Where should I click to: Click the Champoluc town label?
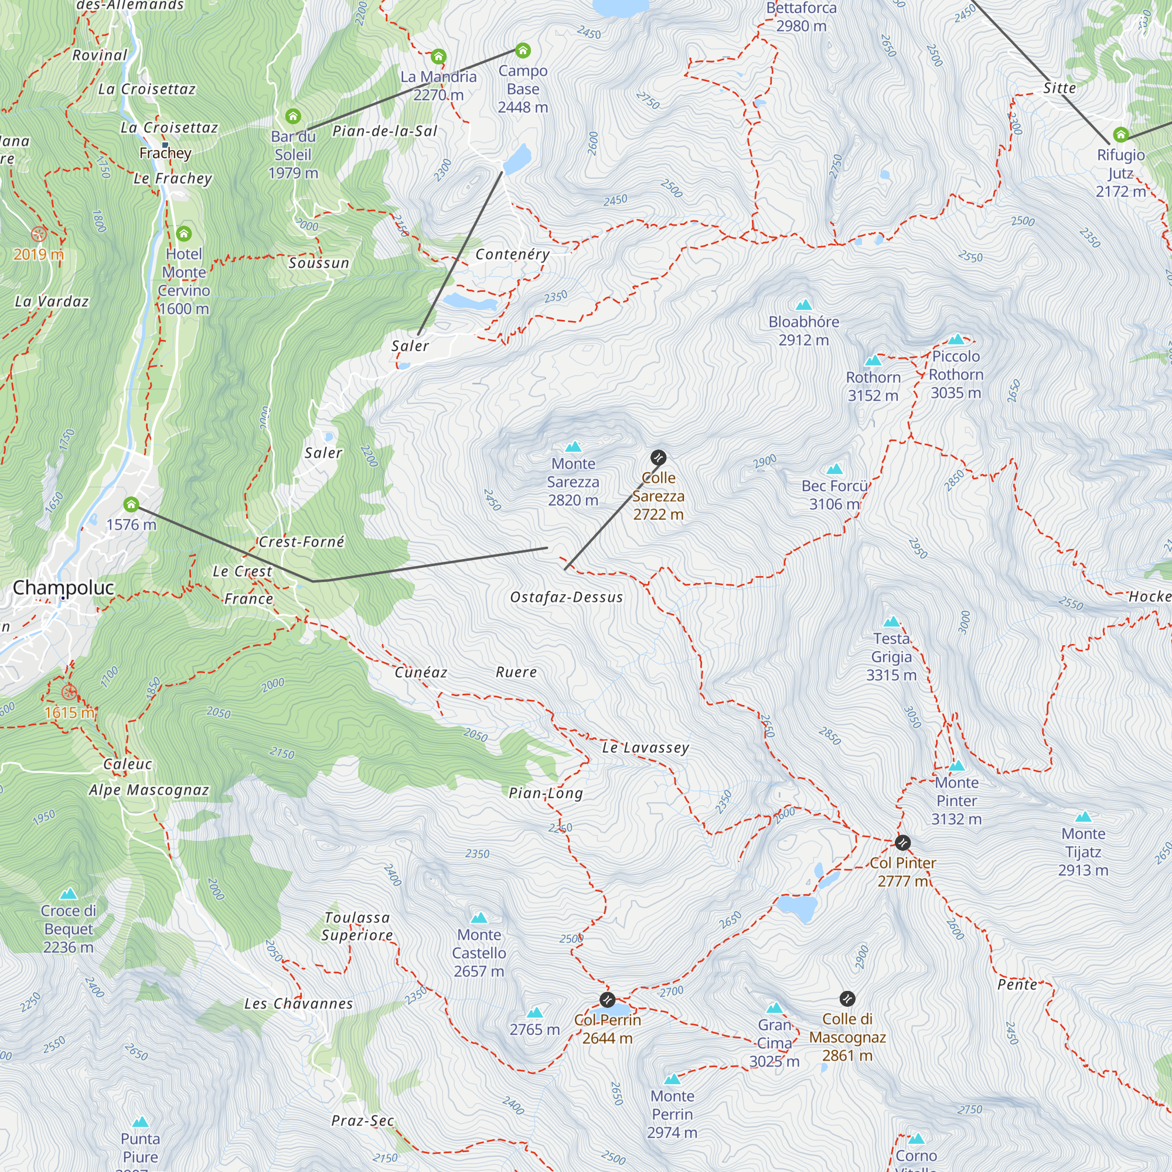coord(63,587)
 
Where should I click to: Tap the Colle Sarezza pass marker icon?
coord(658,458)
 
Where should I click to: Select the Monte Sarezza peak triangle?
coord(573,447)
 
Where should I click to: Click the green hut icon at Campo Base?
coord(523,50)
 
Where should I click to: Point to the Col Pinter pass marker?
coord(902,843)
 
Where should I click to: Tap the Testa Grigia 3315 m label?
coord(891,656)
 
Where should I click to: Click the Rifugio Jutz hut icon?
coord(1120,134)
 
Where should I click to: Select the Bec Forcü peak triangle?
coord(834,469)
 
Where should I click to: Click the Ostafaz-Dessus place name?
coord(567,597)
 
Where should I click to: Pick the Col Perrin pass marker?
coord(607,1000)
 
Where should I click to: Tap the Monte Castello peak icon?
coord(479,917)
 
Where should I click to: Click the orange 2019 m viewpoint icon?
coord(39,234)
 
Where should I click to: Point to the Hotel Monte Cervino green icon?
coord(184,234)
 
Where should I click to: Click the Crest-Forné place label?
coord(301,541)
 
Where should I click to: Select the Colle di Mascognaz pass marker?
coord(847,999)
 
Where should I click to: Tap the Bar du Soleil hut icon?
coord(293,116)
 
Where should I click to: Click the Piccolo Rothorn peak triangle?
coord(956,339)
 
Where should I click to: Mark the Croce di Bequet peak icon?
coord(69,894)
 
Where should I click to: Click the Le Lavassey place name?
coord(645,747)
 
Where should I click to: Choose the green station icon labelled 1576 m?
coord(131,504)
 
